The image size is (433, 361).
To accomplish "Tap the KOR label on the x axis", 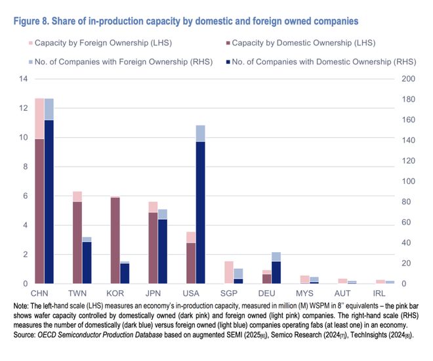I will click(115, 291).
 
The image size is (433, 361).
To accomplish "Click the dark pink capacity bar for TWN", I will click(77, 242).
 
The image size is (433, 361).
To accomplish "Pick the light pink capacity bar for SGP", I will click(229, 272).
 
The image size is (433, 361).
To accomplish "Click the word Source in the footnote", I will click(27, 334).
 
